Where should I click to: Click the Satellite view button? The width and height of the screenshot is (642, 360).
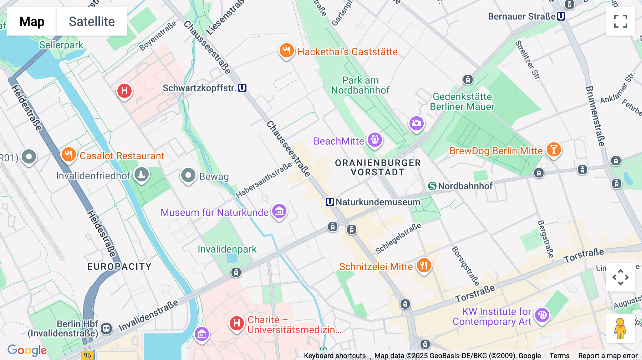click(x=92, y=21)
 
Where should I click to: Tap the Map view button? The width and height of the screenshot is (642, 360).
click(x=32, y=21)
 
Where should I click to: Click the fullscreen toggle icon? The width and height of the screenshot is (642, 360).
click(x=620, y=21)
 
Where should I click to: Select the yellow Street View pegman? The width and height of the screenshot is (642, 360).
click(x=620, y=329)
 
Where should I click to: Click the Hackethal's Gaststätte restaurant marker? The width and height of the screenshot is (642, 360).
click(x=286, y=51)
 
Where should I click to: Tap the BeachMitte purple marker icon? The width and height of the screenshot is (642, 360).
click(x=375, y=140)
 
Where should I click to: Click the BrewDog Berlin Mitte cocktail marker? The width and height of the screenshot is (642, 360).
click(x=554, y=149)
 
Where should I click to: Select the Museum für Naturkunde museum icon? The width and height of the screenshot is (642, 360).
click(x=279, y=211)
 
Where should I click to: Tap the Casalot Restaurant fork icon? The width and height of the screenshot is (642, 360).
click(x=68, y=155)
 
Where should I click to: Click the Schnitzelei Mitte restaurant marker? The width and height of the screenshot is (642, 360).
click(x=424, y=266)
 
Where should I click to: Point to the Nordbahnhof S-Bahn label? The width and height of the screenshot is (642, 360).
click(x=461, y=186)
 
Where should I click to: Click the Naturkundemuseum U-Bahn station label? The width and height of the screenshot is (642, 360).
click(x=373, y=202)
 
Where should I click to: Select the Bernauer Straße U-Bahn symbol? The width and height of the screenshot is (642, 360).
click(x=561, y=16)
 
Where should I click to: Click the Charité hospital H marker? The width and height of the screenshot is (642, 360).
click(x=236, y=323)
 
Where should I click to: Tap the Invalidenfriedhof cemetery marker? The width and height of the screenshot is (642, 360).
click(x=142, y=174)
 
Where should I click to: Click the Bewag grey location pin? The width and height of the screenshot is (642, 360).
click(x=188, y=175)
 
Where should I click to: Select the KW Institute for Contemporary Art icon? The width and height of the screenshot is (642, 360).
click(x=542, y=315)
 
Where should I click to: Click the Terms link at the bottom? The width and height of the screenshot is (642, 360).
click(x=559, y=356)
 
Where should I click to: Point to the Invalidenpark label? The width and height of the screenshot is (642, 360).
click(x=227, y=249)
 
